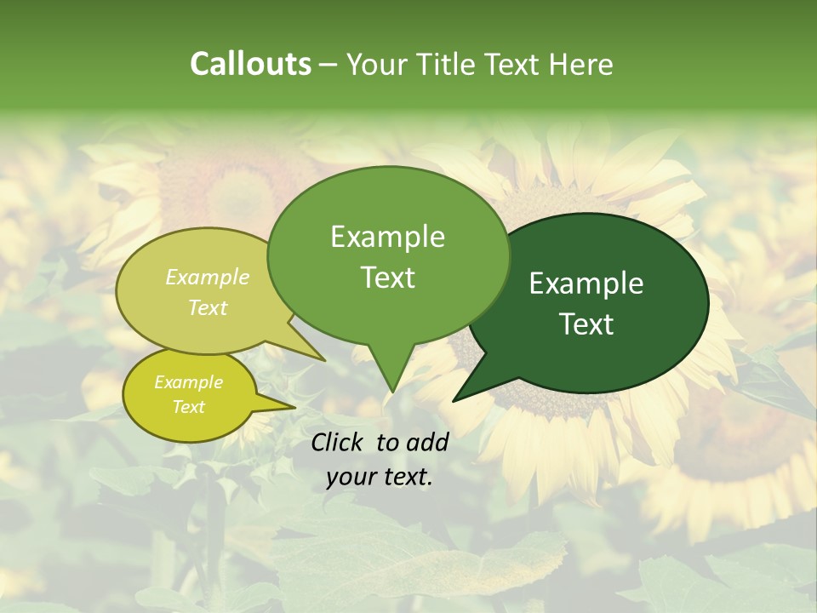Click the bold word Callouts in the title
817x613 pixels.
(250, 64)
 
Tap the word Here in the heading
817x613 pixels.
(581, 64)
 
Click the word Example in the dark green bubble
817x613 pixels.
(586, 284)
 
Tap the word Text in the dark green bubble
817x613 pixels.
(586, 324)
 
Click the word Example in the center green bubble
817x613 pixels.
(387, 237)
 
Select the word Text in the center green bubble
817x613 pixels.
(387, 278)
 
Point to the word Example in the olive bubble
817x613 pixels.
(208, 277)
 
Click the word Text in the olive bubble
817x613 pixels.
(208, 307)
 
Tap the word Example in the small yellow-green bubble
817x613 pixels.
(188, 382)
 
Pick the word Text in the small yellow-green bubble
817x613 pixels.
(188, 407)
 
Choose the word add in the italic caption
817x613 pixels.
(428, 442)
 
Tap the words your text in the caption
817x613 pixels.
(380, 478)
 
